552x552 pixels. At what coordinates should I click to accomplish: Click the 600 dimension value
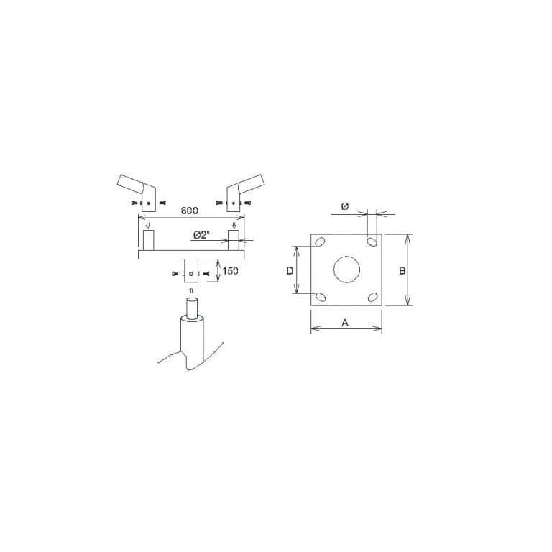(190, 211)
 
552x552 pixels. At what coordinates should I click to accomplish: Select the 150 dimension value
(230, 271)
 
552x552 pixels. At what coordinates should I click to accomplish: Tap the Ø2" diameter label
(202, 235)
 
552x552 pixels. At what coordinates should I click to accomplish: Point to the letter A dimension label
(345, 323)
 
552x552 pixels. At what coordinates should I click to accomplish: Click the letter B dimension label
(402, 271)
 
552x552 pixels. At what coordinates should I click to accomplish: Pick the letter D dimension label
(290, 271)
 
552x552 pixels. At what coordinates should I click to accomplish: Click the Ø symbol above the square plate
(345, 206)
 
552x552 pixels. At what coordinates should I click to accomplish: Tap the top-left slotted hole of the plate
(320, 241)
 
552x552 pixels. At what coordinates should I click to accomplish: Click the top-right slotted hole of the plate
(372, 241)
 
